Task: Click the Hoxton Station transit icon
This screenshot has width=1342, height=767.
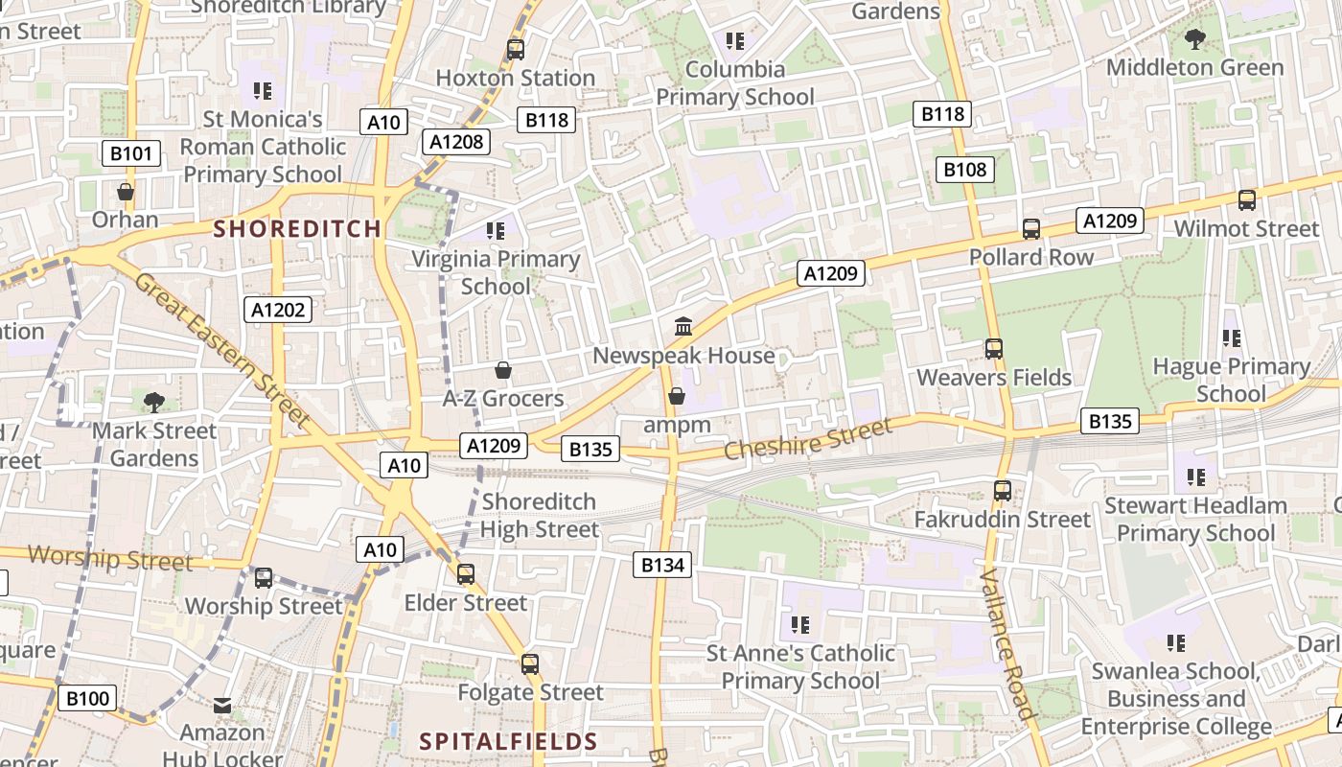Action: pyautogui.click(x=516, y=49)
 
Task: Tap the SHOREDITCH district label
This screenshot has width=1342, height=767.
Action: pyautogui.click(x=297, y=229)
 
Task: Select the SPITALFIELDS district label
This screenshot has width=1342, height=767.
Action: pyautogui.click(x=509, y=741)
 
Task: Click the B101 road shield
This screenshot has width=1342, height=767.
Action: pyautogui.click(x=130, y=153)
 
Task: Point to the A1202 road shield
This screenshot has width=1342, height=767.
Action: pyautogui.click(x=279, y=309)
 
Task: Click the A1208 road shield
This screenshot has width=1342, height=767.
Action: pyautogui.click(x=457, y=142)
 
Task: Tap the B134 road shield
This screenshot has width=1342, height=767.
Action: pyautogui.click(x=662, y=565)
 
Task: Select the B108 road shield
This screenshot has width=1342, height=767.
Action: pyautogui.click(x=964, y=170)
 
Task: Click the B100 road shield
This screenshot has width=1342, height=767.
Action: pyautogui.click(x=86, y=698)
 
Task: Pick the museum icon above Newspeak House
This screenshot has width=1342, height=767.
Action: pyautogui.click(x=683, y=327)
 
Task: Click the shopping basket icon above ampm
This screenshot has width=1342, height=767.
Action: pyautogui.click(x=677, y=396)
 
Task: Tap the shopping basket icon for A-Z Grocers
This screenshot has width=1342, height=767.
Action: pyautogui.click(x=502, y=370)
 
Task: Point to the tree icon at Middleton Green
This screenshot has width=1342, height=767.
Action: pyautogui.click(x=1194, y=39)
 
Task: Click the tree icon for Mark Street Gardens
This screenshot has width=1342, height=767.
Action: pyautogui.click(x=153, y=402)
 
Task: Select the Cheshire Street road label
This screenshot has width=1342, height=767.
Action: pyautogui.click(x=795, y=437)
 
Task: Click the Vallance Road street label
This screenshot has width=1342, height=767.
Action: pyautogui.click(x=1007, y=644)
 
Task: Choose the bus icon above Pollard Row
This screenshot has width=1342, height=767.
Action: pyautogui.click(x=1031, y=229)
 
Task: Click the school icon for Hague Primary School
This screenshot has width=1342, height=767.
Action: pyautogui.click(x=1231, y=337)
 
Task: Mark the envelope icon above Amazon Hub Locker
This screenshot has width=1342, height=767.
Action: pyautogui.click(x=222, y=706)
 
